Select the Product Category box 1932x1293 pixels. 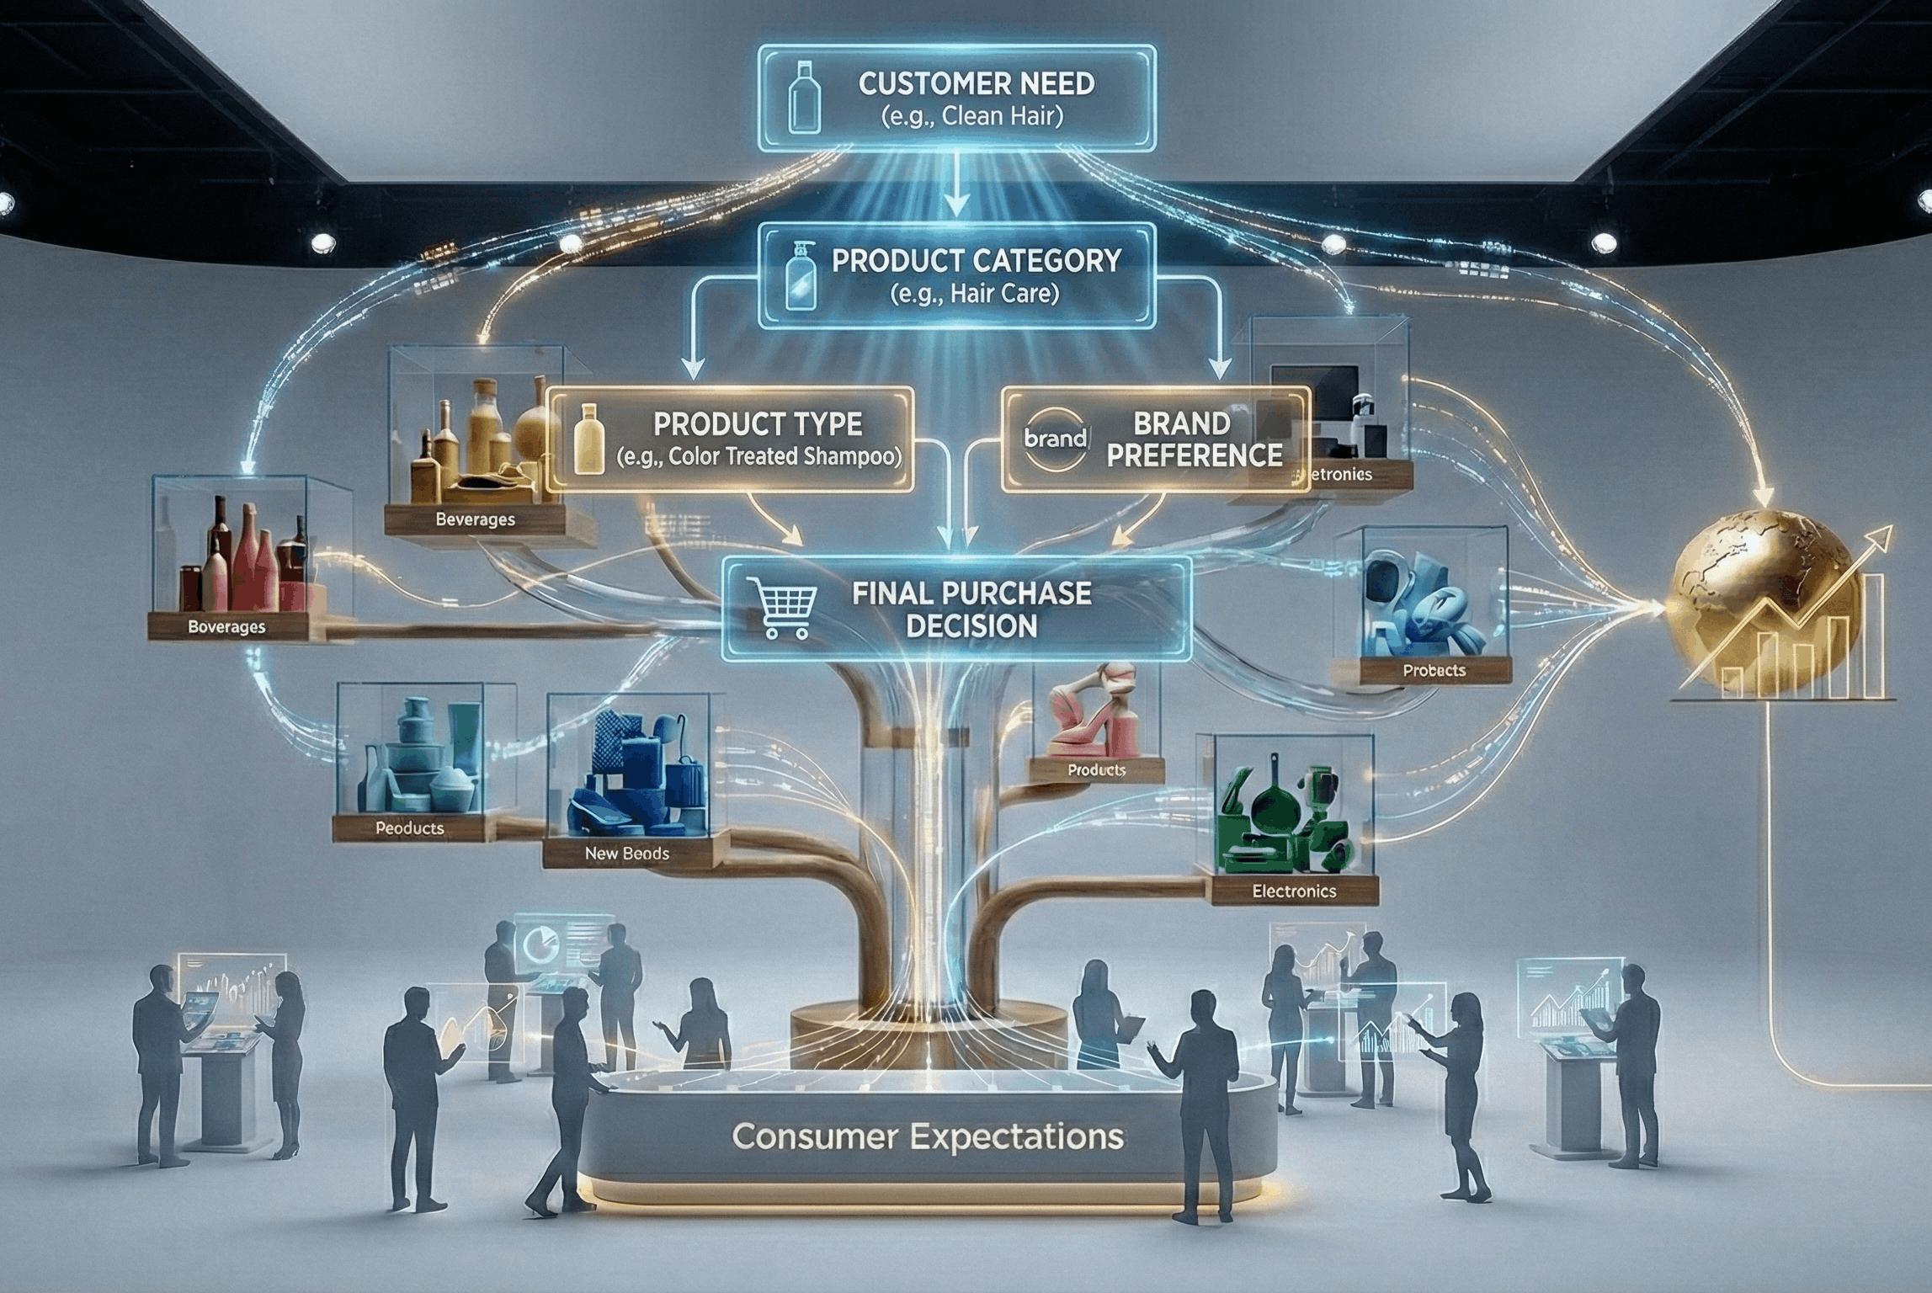pyautogui.click(x=957, y=275)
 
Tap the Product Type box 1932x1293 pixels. pyautogui.click(x=730, y=439)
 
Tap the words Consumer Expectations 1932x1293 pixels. pyautogui.click(x=928, y=1137)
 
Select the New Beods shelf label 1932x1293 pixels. pyautogui.click(x=626, y=854)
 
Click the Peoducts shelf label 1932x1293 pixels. pyautogui.click(x=409, y=828)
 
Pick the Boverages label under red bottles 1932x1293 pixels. pyautogui.click(x=226, y=627)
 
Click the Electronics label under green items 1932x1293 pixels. pyautogui.click(x=1294, y=891)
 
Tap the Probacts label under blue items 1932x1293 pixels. pyautogui.click(x=1434, y=671)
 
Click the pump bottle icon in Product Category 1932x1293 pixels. pyautogui.click(x=797, y=275)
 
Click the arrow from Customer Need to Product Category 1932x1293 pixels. pyautogui.click(x=957, y=198)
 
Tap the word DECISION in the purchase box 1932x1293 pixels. pyautogui.click(x=971, y=626)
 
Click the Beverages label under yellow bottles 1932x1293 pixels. pyautogui.click(x=475, y=519)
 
